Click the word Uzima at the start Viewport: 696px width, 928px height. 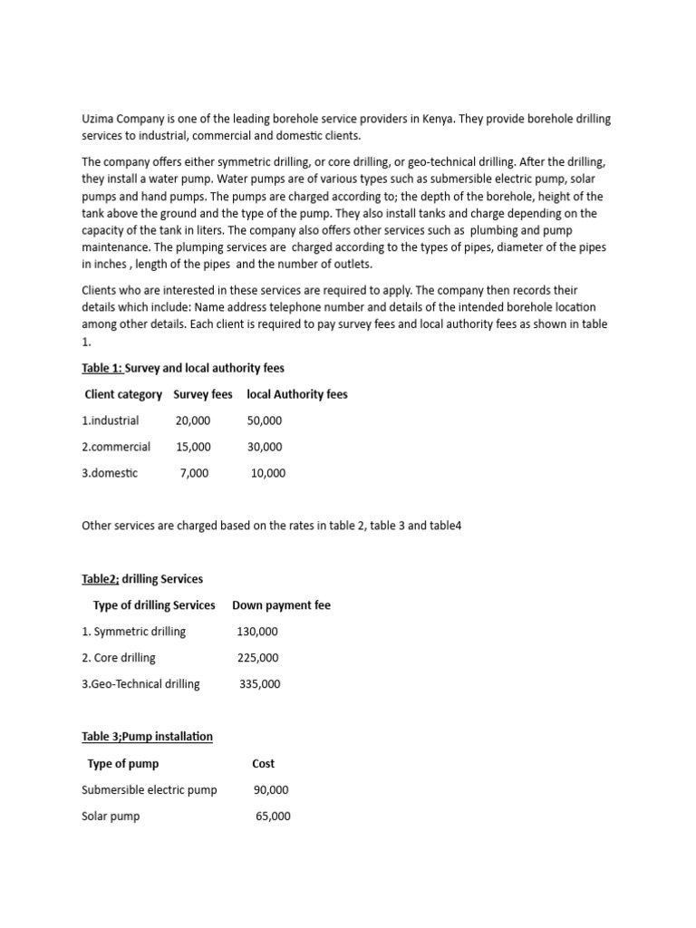(x=98, y=121)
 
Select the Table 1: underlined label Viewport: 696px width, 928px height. (x=101, y=368)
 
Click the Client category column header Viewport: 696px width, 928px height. (x=123, y=394)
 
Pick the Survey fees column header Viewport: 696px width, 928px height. (x=203, y=394)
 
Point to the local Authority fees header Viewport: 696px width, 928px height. (x=297, y=394)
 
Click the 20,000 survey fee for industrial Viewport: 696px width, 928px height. (x=193, y=420)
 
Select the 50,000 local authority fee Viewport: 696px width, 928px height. (x=265, y=420)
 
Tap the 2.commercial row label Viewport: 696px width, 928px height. (x=116, y=447)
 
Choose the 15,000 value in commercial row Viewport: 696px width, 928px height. (x=193, y=447)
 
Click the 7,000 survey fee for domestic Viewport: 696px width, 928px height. (x=194, y=473)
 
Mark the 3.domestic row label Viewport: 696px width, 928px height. (x=110, y=473)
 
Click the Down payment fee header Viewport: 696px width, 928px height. (x=282, y=605)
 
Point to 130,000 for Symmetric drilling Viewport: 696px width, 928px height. (x=257, y=632)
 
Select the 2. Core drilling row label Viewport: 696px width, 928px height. (x=119, y=658)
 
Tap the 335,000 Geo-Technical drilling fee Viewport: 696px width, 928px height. (x=260, y=684)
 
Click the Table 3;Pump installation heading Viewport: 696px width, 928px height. (x=147, y=737)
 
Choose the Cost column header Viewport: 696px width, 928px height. (x=264, y=764)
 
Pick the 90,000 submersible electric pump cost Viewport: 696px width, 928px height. (x=271, y=790)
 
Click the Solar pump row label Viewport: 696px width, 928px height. (x=111, y=817)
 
